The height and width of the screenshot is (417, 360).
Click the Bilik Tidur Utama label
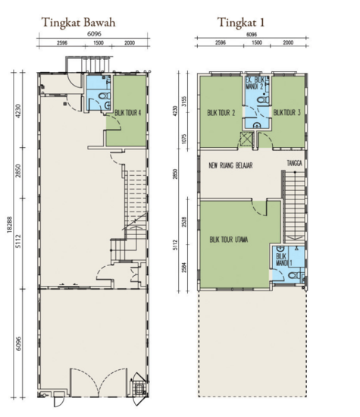(x=230, y=241)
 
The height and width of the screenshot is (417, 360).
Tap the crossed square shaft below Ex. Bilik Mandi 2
(x=246, y=139)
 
